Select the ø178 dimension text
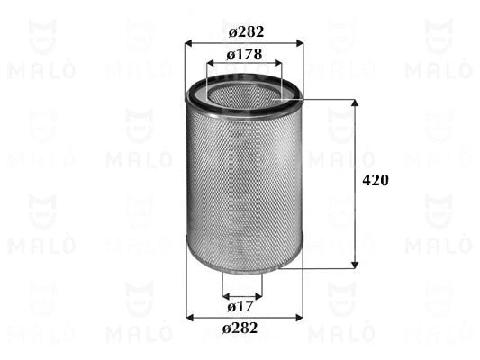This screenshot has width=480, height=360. tap(243, 56)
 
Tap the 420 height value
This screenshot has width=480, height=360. tap(375, 181)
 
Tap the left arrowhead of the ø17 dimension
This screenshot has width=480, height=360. tap(225, 296)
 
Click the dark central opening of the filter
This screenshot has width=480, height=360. tap(244, 94)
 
